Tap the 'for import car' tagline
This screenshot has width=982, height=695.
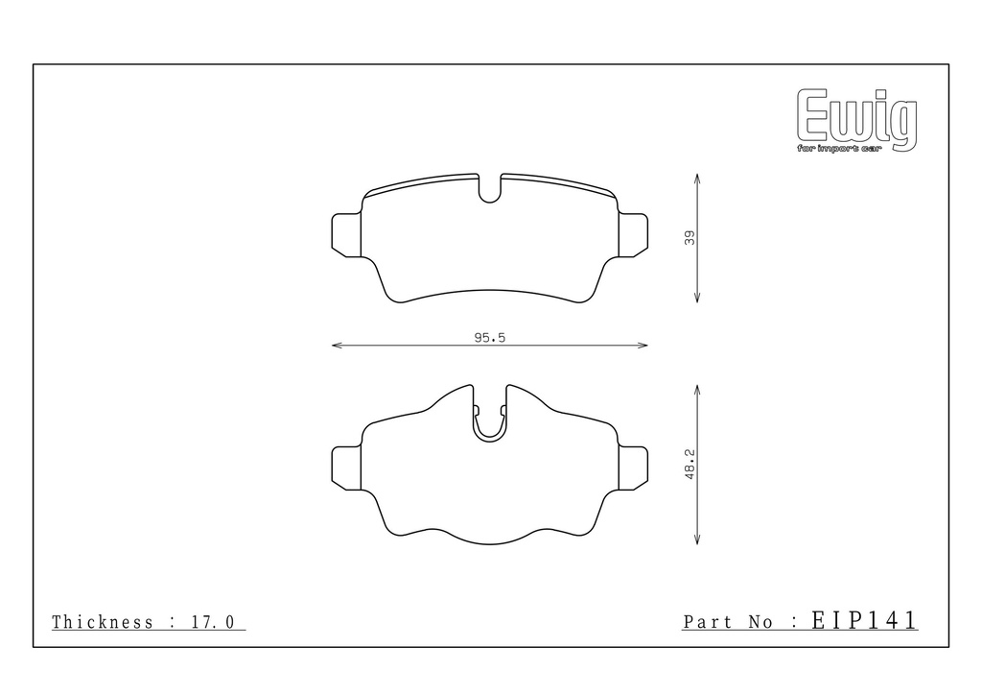(x=839, y=149)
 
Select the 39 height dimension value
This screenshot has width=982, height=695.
(x=690, y=238)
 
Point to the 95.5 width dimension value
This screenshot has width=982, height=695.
(x=490, y=338)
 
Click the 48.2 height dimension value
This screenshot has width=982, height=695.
(x=690, y=465)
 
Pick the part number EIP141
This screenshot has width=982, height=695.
(x=864, y=620)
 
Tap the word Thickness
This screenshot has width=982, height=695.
(x=102, y=622)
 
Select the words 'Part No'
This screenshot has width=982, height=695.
(x=727, y=622)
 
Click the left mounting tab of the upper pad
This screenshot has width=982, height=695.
(x=346, y=235)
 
